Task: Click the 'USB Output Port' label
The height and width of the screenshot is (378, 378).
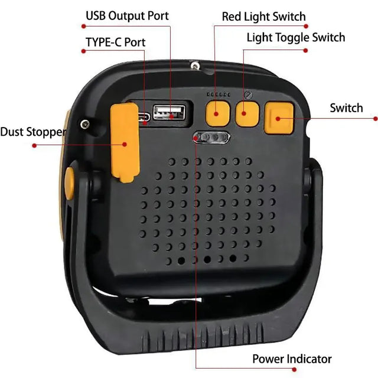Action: [127, 15]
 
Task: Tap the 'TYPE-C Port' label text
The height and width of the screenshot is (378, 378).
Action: [115, 42]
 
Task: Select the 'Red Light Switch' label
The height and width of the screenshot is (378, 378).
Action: [264, 16]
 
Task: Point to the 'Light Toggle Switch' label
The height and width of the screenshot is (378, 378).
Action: [296, 38]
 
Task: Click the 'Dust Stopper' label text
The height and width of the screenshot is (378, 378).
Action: [32, 132]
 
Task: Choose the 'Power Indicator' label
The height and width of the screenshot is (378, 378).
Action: [292, 359]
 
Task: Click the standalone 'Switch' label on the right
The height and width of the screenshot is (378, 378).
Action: [346, 107]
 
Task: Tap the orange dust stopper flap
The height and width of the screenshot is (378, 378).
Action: [123, 140]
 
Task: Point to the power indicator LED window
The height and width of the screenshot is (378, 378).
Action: [212, 138]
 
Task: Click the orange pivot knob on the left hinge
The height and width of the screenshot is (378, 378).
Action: [69, 183]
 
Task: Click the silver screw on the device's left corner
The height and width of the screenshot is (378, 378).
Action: [86, 123]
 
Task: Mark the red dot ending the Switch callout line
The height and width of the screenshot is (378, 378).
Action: [375, 118]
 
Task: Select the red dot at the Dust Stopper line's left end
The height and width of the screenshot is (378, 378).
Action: [34, 145]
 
